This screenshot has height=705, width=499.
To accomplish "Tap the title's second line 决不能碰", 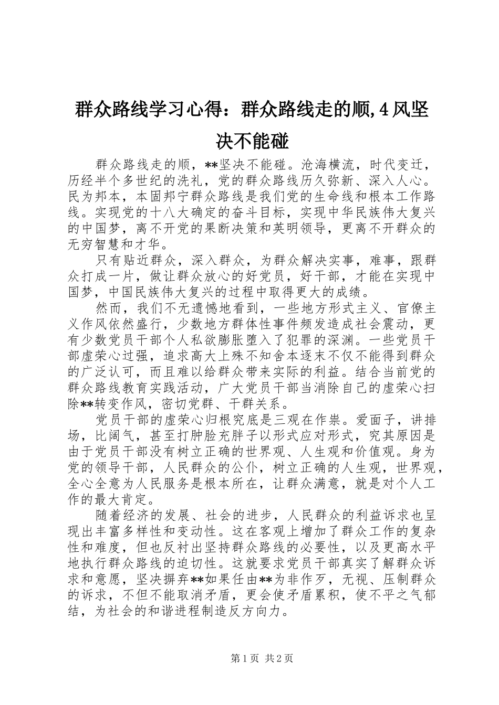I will pyautogui.click(x=252, y=126).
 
